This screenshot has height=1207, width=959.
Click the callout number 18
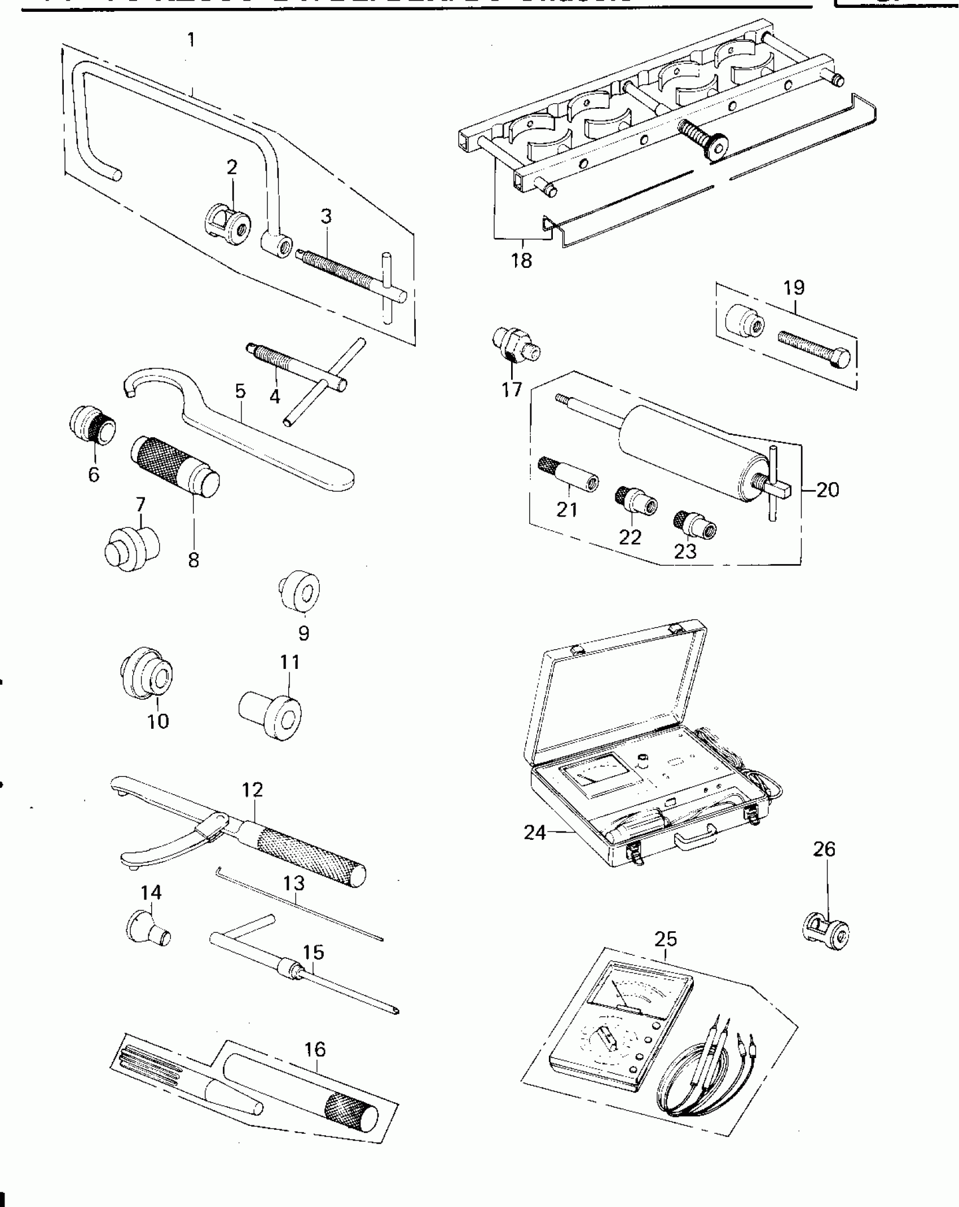coord(522,261)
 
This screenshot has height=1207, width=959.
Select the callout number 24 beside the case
coord(535,832)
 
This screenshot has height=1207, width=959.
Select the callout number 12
coord(253,790)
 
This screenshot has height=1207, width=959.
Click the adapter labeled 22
coord(635,499)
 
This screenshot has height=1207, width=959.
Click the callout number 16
coord(315,1049)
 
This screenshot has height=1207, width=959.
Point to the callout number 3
coord(326,216)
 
